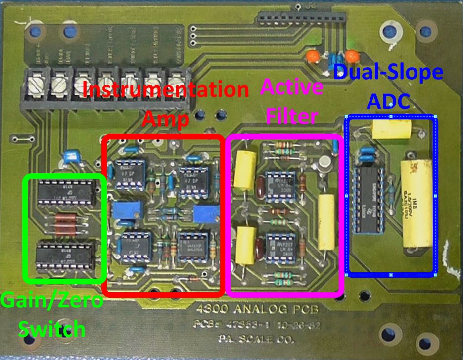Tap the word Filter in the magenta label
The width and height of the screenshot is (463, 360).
coord(291,117)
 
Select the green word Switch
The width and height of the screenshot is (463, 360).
coord(50,328)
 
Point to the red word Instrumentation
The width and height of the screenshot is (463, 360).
coord(166,90)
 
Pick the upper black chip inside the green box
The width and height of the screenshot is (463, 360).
coord(65,189)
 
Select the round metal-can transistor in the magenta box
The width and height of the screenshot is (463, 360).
coord(325,163)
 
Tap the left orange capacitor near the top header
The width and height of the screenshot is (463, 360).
coord(312,55)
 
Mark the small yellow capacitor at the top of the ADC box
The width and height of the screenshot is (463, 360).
coord(389,129)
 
